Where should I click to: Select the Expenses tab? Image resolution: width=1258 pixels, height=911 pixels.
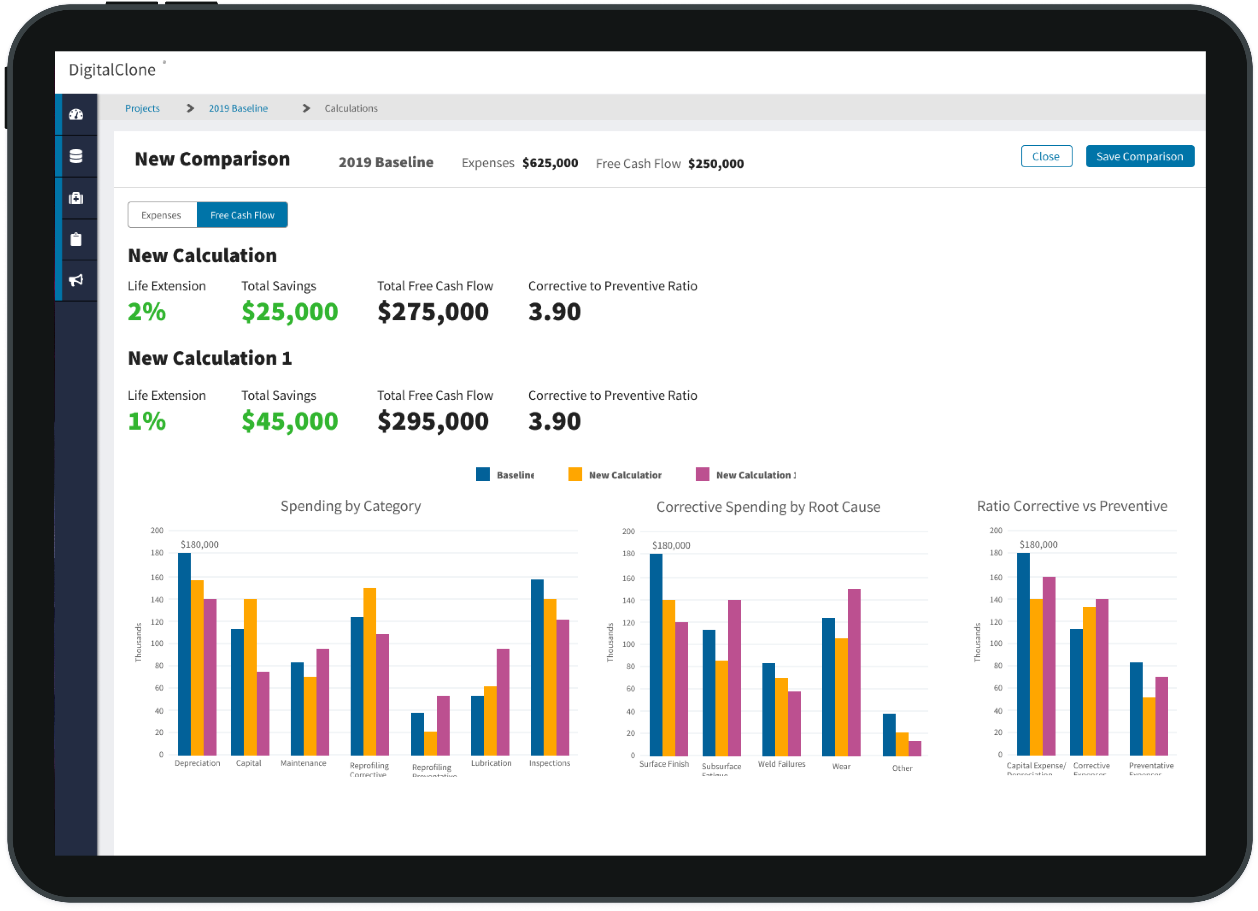[162, 215]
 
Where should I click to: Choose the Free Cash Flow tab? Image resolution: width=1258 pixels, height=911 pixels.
[243, 215]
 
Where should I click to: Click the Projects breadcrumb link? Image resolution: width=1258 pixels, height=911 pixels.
[142, 108]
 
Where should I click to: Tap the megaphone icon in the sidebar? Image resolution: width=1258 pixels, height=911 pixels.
[76, 280]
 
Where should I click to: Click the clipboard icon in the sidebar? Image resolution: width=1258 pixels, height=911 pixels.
[76, 239]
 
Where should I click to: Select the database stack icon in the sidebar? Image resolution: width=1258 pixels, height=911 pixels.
[76, 157]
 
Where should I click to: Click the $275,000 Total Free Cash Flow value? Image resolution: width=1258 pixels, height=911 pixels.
[433, 312]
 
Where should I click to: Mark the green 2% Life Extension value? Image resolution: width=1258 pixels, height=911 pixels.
[146, 312]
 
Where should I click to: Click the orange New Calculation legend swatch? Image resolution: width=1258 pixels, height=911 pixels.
[575, 475]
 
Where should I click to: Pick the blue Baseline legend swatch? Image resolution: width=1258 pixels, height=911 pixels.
[483, 475]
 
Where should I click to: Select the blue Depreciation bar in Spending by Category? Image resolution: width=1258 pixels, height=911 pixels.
[184, 654]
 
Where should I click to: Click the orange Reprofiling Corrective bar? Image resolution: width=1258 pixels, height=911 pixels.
[369, 671]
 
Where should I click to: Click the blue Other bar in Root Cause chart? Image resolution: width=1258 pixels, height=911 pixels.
[889, 735]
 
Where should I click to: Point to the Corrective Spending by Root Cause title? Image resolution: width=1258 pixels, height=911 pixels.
[768, 507]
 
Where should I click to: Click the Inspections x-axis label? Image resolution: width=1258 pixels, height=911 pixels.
[549, 763]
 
